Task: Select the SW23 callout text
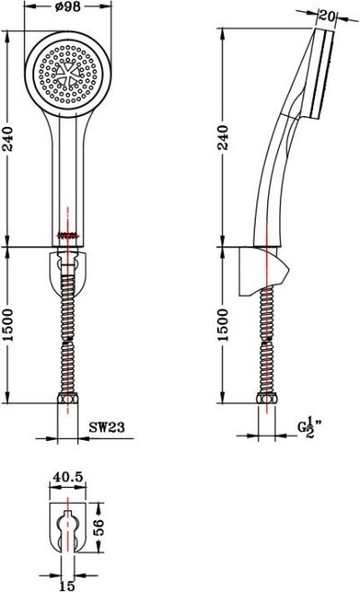coord(107,429)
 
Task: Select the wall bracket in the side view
coord(266,274)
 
